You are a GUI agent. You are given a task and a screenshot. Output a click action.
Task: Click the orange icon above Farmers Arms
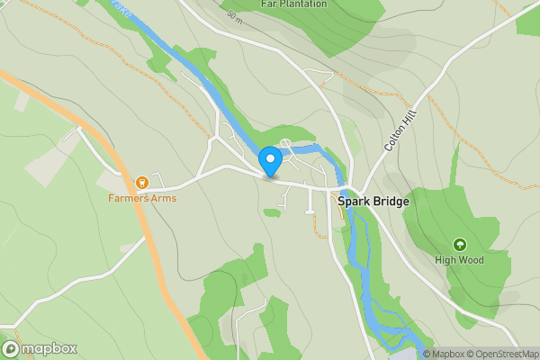[141, 183]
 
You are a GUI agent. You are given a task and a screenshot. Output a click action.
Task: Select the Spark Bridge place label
[373, 202]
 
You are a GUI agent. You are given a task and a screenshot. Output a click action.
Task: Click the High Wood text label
[459, 260]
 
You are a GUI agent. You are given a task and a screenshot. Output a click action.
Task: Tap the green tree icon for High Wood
[459, 244]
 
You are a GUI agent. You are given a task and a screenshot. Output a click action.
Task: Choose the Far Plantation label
[293, 4]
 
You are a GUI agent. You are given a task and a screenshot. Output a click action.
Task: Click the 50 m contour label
[235, 16]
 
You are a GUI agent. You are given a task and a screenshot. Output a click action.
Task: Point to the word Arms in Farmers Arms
[163, 198]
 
